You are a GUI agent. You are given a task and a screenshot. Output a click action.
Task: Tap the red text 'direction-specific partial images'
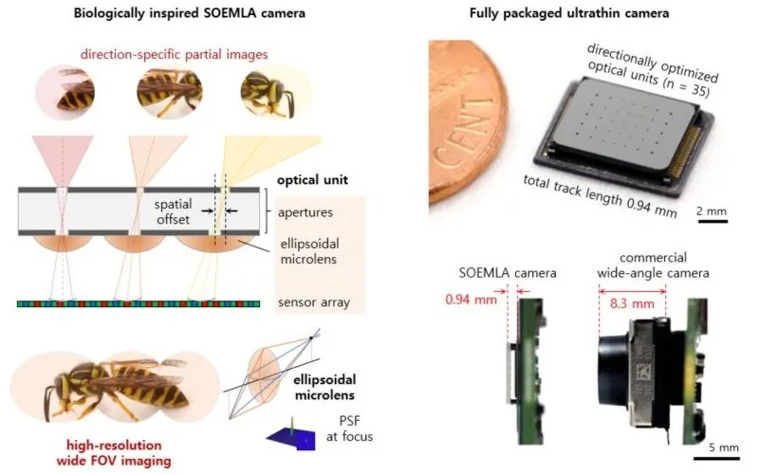click(x=175, y=56)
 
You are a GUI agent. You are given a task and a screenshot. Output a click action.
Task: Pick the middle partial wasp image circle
click(x=168, y=95)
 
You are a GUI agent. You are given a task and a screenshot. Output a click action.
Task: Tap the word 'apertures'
click(x=305, y=213)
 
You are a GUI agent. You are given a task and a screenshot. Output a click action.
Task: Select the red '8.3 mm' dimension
click(x=631, y=304)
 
